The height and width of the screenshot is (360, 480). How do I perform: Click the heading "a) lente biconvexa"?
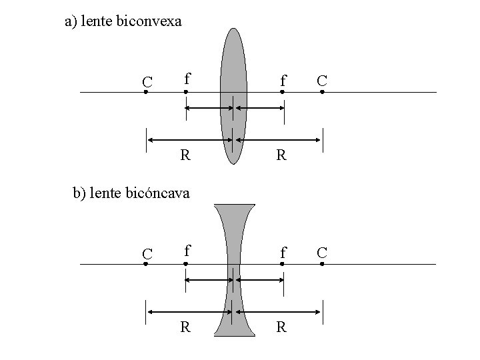coord(123,21)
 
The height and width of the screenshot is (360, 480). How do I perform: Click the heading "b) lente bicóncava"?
coord(131,193)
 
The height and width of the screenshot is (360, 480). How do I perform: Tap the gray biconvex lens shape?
coord(233,67)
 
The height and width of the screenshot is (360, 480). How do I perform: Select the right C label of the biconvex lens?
coord(322,80)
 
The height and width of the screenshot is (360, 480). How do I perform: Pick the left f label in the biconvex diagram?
coord(188,79)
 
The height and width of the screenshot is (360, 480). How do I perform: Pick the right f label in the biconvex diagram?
coord(283,80)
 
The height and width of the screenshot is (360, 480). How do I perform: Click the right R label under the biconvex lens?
coord(281,155)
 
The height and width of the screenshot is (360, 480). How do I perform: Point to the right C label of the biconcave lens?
coord(322,252)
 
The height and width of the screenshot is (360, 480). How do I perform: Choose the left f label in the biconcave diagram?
coord(188,251)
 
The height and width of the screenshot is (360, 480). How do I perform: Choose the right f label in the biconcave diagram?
coord(283,252)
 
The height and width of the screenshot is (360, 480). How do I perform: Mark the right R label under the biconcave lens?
coord(281,327)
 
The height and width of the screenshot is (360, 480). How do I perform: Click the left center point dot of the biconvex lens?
coord(146,92)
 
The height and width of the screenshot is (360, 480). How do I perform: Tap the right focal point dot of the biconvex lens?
coord(282,92)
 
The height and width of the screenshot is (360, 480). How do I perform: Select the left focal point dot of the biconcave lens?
coord(186,264)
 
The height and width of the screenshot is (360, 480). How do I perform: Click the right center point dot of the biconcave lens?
coord(321,264)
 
